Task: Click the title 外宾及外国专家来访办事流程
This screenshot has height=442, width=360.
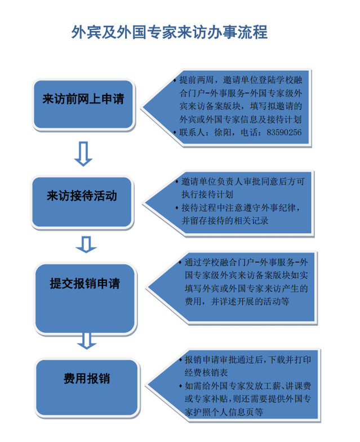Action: click(x=169, y=32)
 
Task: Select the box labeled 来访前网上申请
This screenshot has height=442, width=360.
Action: click(x=83, y=105)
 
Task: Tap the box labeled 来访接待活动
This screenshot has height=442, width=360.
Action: click(x=82, y=202)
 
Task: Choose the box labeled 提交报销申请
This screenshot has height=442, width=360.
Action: click(x=85, y=299)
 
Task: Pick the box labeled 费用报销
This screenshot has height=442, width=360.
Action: click(x=87, y=387)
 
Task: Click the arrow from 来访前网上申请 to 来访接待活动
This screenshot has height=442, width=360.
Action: click(x=83, y=153)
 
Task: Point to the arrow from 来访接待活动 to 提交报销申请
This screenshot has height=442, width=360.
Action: click(x=86, y=244)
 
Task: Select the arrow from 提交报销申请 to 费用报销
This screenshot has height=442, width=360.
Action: click(x=87, y=341)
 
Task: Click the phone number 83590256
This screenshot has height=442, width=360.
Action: click(x=284, y=132)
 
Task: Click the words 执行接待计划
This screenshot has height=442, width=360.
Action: click(x=207, y=194)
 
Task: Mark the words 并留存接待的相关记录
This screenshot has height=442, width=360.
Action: click(x=225, y=221)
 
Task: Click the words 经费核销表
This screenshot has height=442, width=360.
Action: click(x=206, y=373)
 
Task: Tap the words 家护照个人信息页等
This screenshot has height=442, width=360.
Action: click(x=224, y=412)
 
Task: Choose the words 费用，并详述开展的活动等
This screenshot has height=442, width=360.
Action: click(x=237, y=301)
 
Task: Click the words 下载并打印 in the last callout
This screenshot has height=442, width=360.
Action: click(x=290, y=360)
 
